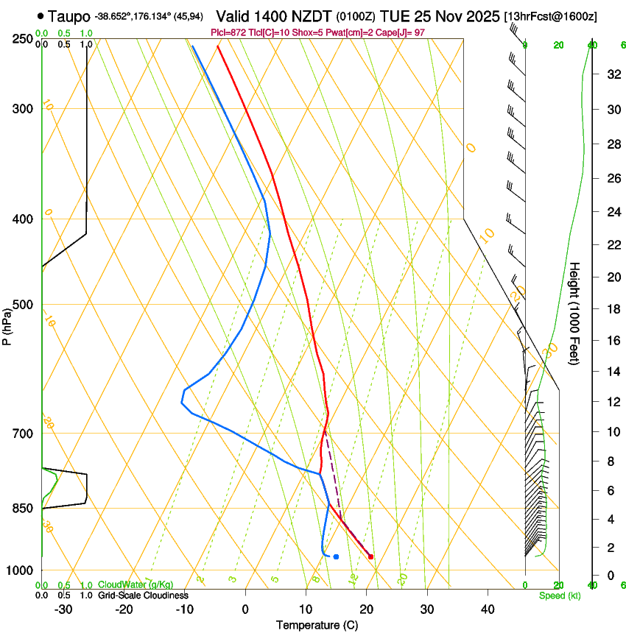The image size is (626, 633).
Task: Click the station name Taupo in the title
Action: tap(70, 15)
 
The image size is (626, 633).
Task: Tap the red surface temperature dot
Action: tap(370, 556)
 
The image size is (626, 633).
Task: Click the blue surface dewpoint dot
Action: tap(336, 556)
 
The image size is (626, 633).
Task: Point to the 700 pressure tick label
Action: tap(23, 434)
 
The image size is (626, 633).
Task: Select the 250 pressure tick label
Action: tap(23, 39)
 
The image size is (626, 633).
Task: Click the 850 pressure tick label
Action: tap(23, 509)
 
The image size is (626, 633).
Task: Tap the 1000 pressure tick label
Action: tap(20, 570)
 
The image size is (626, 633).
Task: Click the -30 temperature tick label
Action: tap(63, 609)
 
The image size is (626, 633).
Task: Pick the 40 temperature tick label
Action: tap(488, 609)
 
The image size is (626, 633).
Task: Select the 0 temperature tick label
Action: tap(245, 609)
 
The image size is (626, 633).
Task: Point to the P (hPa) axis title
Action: tap(7, 325)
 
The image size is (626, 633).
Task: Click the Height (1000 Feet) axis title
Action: tap(575, 313)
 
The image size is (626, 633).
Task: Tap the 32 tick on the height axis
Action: tap(612, 74)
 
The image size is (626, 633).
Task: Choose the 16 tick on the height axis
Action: tap(612, 340)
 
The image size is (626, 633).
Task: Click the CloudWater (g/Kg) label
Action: tap(136, 585)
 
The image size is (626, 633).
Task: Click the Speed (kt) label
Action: tap(560, 595)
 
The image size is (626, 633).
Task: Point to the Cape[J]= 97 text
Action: tap(401, 32)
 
